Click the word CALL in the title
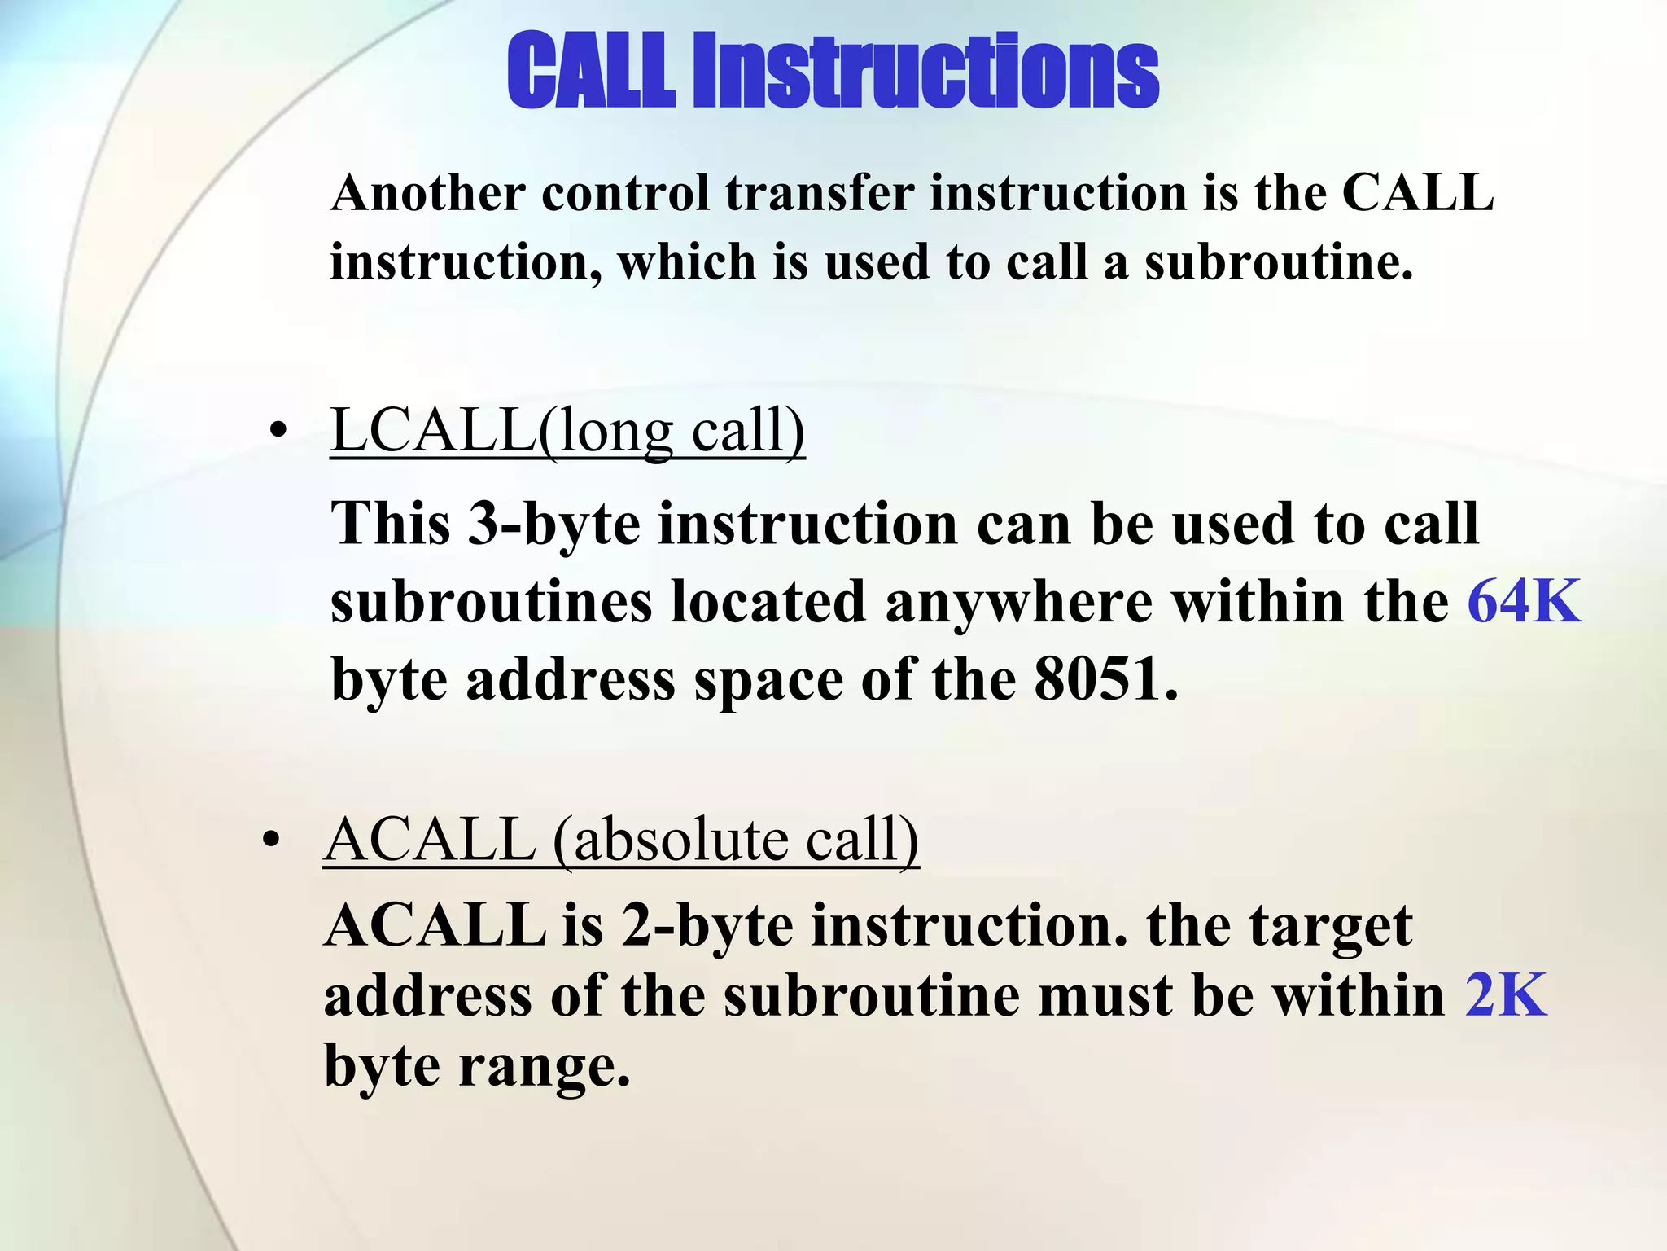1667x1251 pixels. click(591, 71)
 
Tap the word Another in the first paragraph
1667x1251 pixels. click(428, 194)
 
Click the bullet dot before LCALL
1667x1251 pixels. click(279, 431)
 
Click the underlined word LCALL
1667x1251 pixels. click(433, 430)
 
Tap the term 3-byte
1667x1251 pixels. click(553, 523)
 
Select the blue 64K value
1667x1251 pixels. click(1524, 601)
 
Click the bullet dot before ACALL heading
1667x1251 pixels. click(272, 840)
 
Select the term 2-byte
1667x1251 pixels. click(707, 926)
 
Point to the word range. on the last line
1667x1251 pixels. click(544, 1066)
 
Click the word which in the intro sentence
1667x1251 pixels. click(687, 263)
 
